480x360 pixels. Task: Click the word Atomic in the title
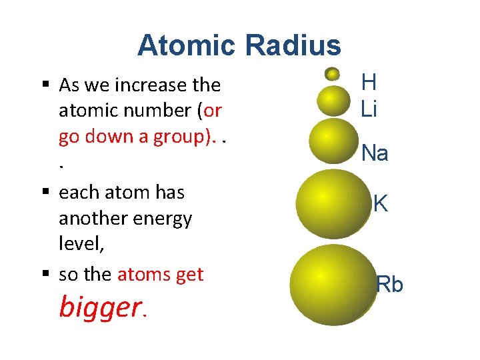coord(187,45)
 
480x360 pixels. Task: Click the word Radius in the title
coord(293,45)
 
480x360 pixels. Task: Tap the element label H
coord(369,83)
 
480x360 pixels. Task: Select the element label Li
coord(369,108)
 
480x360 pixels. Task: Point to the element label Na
coord(375,154)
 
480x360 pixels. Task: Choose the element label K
coord(381,204)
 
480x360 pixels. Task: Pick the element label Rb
coord(390,285)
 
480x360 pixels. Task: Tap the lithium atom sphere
coord(334,100)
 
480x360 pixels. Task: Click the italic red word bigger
coord(100,307)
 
